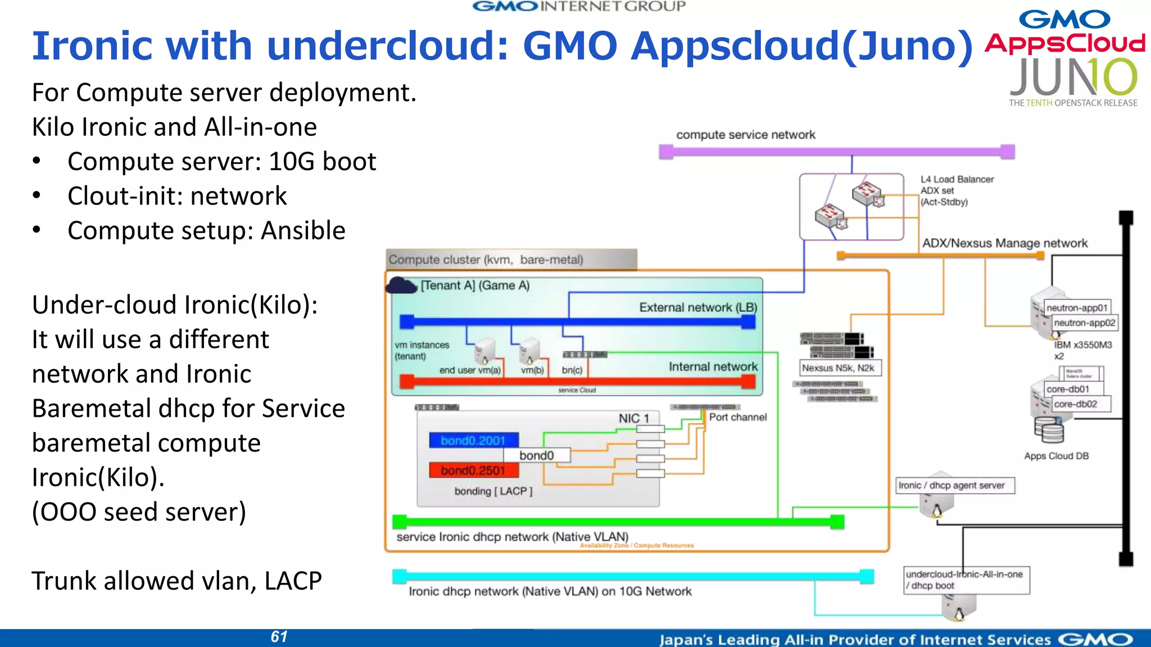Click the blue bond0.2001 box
(473, 440)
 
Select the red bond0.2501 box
(473, 470)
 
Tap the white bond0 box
(537, 455)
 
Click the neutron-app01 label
(1077, 308)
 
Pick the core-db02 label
(1076, 404)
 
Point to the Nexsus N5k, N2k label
(838, 368)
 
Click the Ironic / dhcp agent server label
(955, 485)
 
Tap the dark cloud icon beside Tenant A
(401, 286)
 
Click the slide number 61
(279, 637)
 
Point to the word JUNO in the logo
(1072, 79)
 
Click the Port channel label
(737, 417)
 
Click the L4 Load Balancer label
(957, 179)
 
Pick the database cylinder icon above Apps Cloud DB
(1049, 431)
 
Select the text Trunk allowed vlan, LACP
(176, 581)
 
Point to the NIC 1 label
(633, 418)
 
